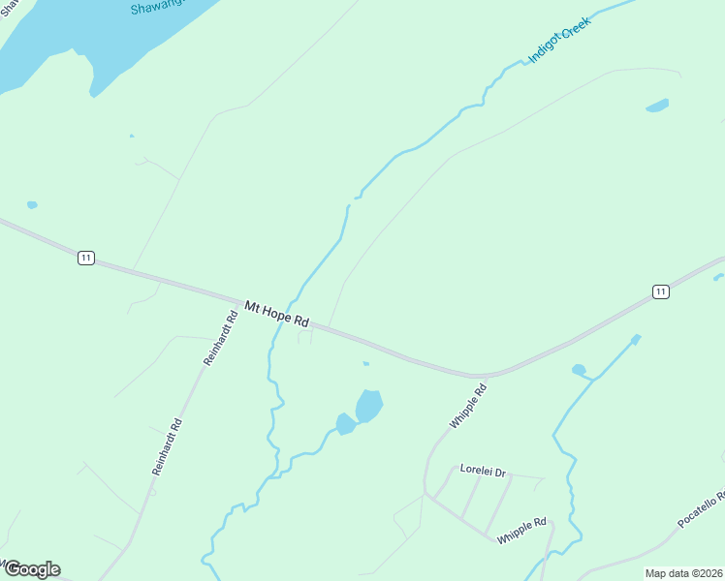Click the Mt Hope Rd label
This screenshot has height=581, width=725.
(276, 314)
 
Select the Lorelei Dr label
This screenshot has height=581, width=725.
(483, 472)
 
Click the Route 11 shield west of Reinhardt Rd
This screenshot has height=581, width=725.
(86, 258)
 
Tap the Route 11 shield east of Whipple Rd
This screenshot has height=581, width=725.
(660, 291)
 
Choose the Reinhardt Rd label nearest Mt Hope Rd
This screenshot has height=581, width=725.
(221, 337)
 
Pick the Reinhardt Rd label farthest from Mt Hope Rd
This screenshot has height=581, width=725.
(168, 445)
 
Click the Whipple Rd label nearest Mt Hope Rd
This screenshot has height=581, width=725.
(468, 406)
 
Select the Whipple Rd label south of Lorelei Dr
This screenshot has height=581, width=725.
(522, 530)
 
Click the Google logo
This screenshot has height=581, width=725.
(31, 569)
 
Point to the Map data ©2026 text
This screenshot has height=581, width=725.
(683, 573)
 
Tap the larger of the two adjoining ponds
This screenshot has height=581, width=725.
(369, 405)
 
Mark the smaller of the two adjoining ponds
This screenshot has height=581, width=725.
(345, 424)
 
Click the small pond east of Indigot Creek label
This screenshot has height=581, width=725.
(657, 105)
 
